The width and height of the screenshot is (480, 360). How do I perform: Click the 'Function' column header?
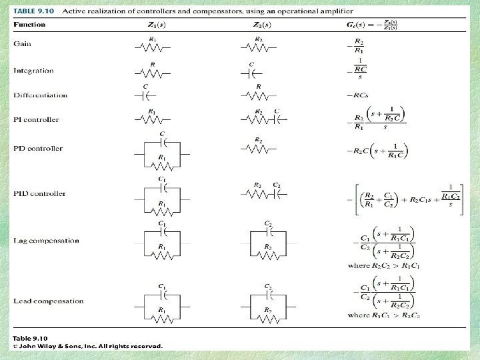(29, 25)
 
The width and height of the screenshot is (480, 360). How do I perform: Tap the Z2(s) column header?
(261, 25)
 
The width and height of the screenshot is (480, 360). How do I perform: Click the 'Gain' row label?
(21, 43)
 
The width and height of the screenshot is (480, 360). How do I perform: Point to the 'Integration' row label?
(33, 71)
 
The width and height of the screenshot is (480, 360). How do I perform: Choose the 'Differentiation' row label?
(40, 95)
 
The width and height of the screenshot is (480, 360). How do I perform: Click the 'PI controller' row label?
(36, 120)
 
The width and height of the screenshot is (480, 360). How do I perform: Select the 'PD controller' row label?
(37, 149)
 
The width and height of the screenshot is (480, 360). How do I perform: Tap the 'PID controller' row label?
(39, 194)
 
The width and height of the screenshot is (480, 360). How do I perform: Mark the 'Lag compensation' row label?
(46, 241)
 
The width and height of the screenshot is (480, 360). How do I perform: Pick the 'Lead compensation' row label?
(48, 301)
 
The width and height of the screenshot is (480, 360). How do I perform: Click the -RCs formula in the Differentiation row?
(357, 95)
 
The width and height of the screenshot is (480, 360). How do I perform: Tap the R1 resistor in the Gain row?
(153, 47)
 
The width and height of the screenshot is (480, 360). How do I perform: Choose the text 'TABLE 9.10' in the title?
(33, 12)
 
